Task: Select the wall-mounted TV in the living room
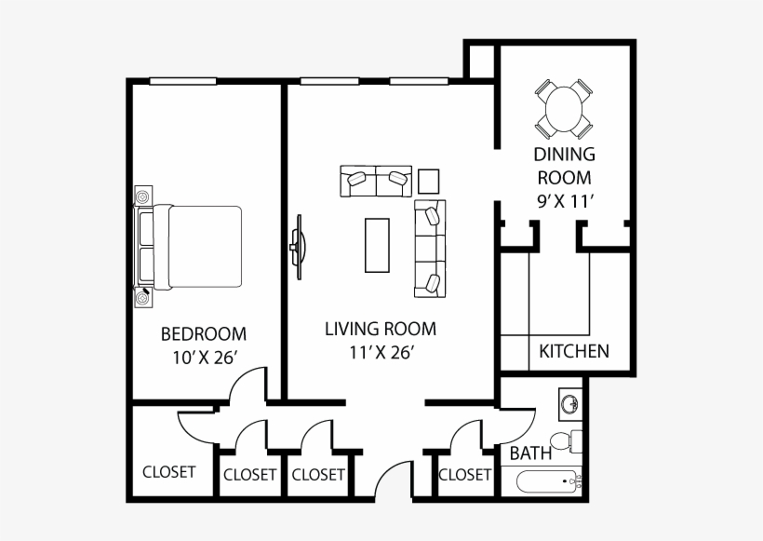pos(299,248)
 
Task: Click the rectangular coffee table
pos(377,246)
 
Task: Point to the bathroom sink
pos(569,404)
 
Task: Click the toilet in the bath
pos(566,441)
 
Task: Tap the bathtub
pos(548,481)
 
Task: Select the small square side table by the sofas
pos(429,182)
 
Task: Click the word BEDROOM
pos(204,334)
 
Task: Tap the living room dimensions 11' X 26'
pos(381,352)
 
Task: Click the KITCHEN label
pos(574,351)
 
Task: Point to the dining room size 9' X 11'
pos(566,200)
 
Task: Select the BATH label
pos(530,453)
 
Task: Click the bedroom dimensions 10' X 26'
pos(205,358)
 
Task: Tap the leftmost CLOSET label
pos(168,472)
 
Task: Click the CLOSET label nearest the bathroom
pos(464,475)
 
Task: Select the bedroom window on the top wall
pos(182,81)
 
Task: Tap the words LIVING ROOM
pos(381,329)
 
